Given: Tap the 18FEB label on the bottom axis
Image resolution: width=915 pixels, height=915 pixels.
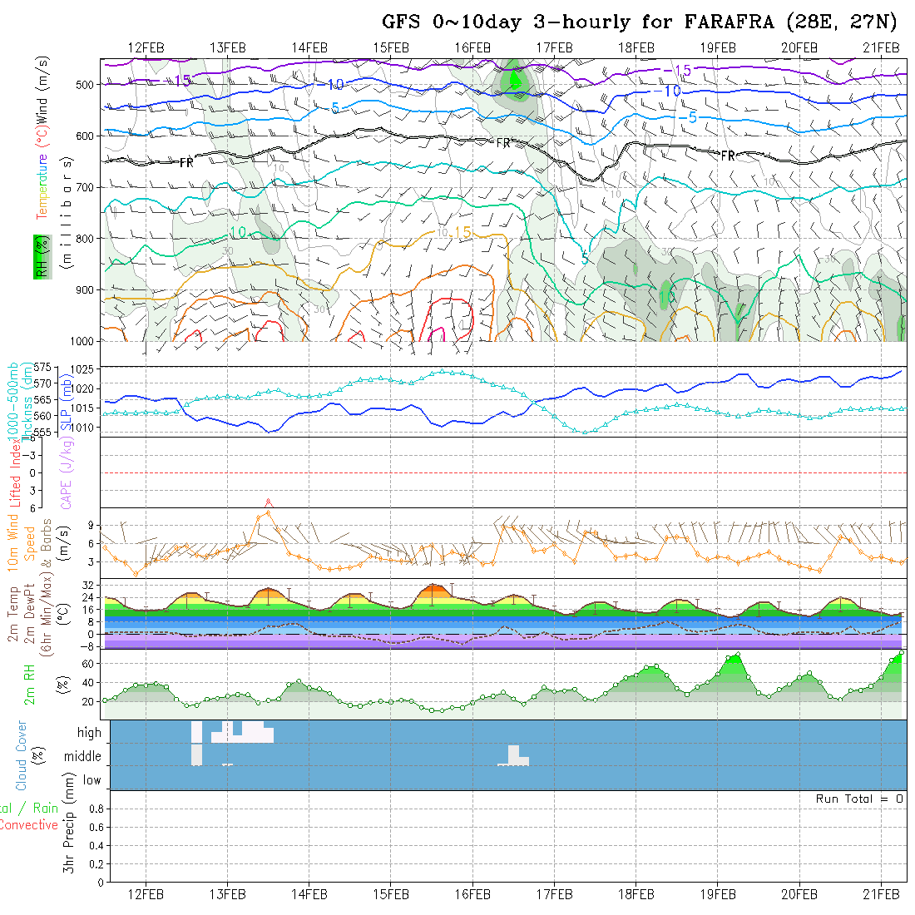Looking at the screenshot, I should (636, 894).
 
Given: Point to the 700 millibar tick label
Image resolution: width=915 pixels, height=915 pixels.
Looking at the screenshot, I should (84, 186).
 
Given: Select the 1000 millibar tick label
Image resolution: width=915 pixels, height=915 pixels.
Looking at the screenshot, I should (81, 341).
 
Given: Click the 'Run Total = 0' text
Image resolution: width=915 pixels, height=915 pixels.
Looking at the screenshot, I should (859, 799).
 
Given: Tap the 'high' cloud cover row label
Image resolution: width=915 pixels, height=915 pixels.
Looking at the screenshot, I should (89, 733).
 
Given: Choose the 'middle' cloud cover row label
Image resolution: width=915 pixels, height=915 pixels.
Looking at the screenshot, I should (83, 757).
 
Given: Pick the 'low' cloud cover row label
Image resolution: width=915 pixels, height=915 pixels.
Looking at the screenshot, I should (91, 780).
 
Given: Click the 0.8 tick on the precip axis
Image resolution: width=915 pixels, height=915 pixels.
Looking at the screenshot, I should (94, 809).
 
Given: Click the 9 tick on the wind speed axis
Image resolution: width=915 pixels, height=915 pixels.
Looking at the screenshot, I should (95, 526).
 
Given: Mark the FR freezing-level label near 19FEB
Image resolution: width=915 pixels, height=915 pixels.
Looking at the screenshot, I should (728, 156).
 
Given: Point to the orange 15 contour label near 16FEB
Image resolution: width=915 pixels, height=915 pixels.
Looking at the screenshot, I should (462, 232).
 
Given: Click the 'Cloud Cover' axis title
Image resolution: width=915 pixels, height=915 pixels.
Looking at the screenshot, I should (21, 755).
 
